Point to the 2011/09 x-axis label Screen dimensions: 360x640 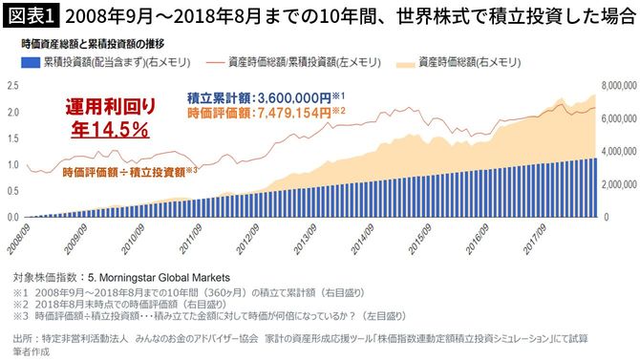[x=195, y=234]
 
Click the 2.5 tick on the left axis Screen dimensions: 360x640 [x=12, y=86]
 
